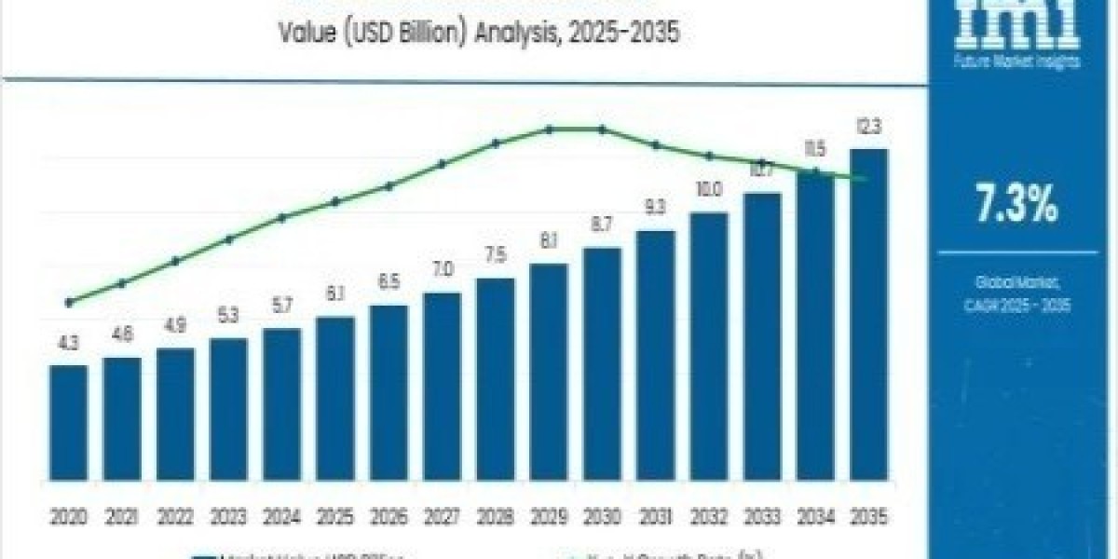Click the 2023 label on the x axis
pos(228,515)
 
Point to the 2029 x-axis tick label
pos(548,515)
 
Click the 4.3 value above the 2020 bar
pos(68,345)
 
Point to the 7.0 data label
pos(442,270)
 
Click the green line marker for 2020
pos(68,302)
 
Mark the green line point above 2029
pos(549,130)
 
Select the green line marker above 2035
pos(868,178)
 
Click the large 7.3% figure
pos(1016,204)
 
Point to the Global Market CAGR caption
pos(1016,293)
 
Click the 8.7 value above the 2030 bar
pos(602,225)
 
